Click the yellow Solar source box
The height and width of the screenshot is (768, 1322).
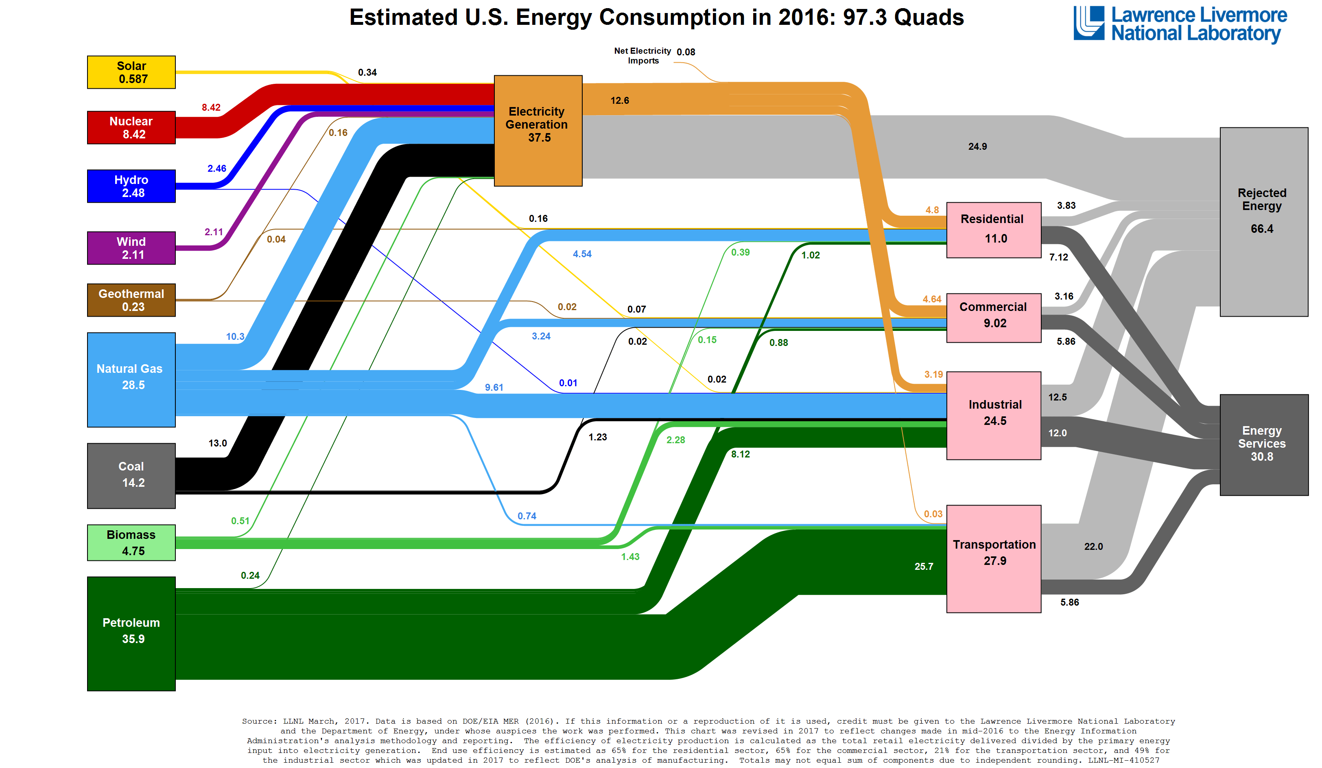pyautogui.click(x=131, y=72)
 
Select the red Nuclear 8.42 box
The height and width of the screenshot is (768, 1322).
pyautogui.click(x=131, y=127)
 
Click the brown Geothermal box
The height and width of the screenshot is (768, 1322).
pyautogui.click(x=131, y=300)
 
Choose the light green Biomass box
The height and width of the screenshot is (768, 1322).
pyautogui.click(x=131, y=543)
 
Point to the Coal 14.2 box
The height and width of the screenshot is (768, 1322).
pyautogui.click(x=131, y=475)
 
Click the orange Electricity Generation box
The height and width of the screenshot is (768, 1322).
pyautogui.click(x=538, y=131)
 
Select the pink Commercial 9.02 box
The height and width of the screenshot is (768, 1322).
pyautogui.click(x=993, y=317)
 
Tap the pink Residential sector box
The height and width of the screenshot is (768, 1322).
pyautogui.click(x=993, y=230)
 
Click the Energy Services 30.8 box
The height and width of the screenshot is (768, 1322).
pyautogui.click(x=1263, y=444)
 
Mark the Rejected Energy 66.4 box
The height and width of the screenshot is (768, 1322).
pyautogui.click(x=1263, y=221)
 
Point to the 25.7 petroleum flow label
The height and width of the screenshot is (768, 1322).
pyautogui.click(x=923, y=566)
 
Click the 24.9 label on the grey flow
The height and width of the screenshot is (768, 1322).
pyautogui.click(x=977, y=147)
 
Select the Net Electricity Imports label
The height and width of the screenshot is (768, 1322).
pyautogui.click(x=642, y=56)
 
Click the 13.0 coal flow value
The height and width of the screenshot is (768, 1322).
pyautogui.click(x=217, y=443)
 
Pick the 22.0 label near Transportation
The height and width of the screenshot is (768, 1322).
pyautogui.click(x=1093, y=546)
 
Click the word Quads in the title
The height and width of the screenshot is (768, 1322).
pyautogui.click(x=929, y=18)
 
